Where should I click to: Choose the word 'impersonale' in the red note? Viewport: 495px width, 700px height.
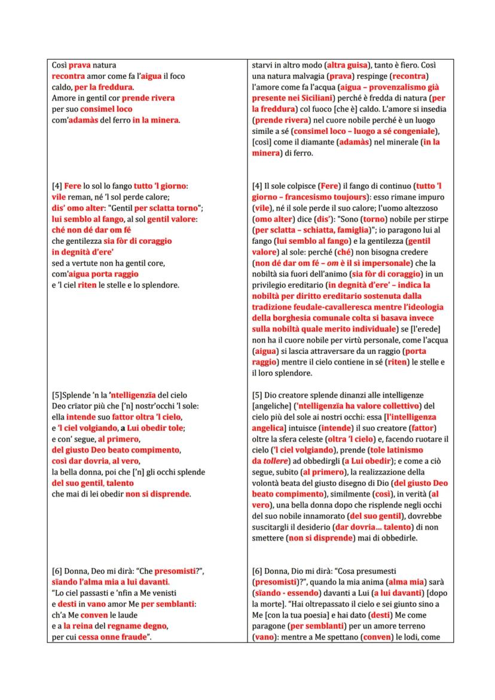point(374,263)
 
